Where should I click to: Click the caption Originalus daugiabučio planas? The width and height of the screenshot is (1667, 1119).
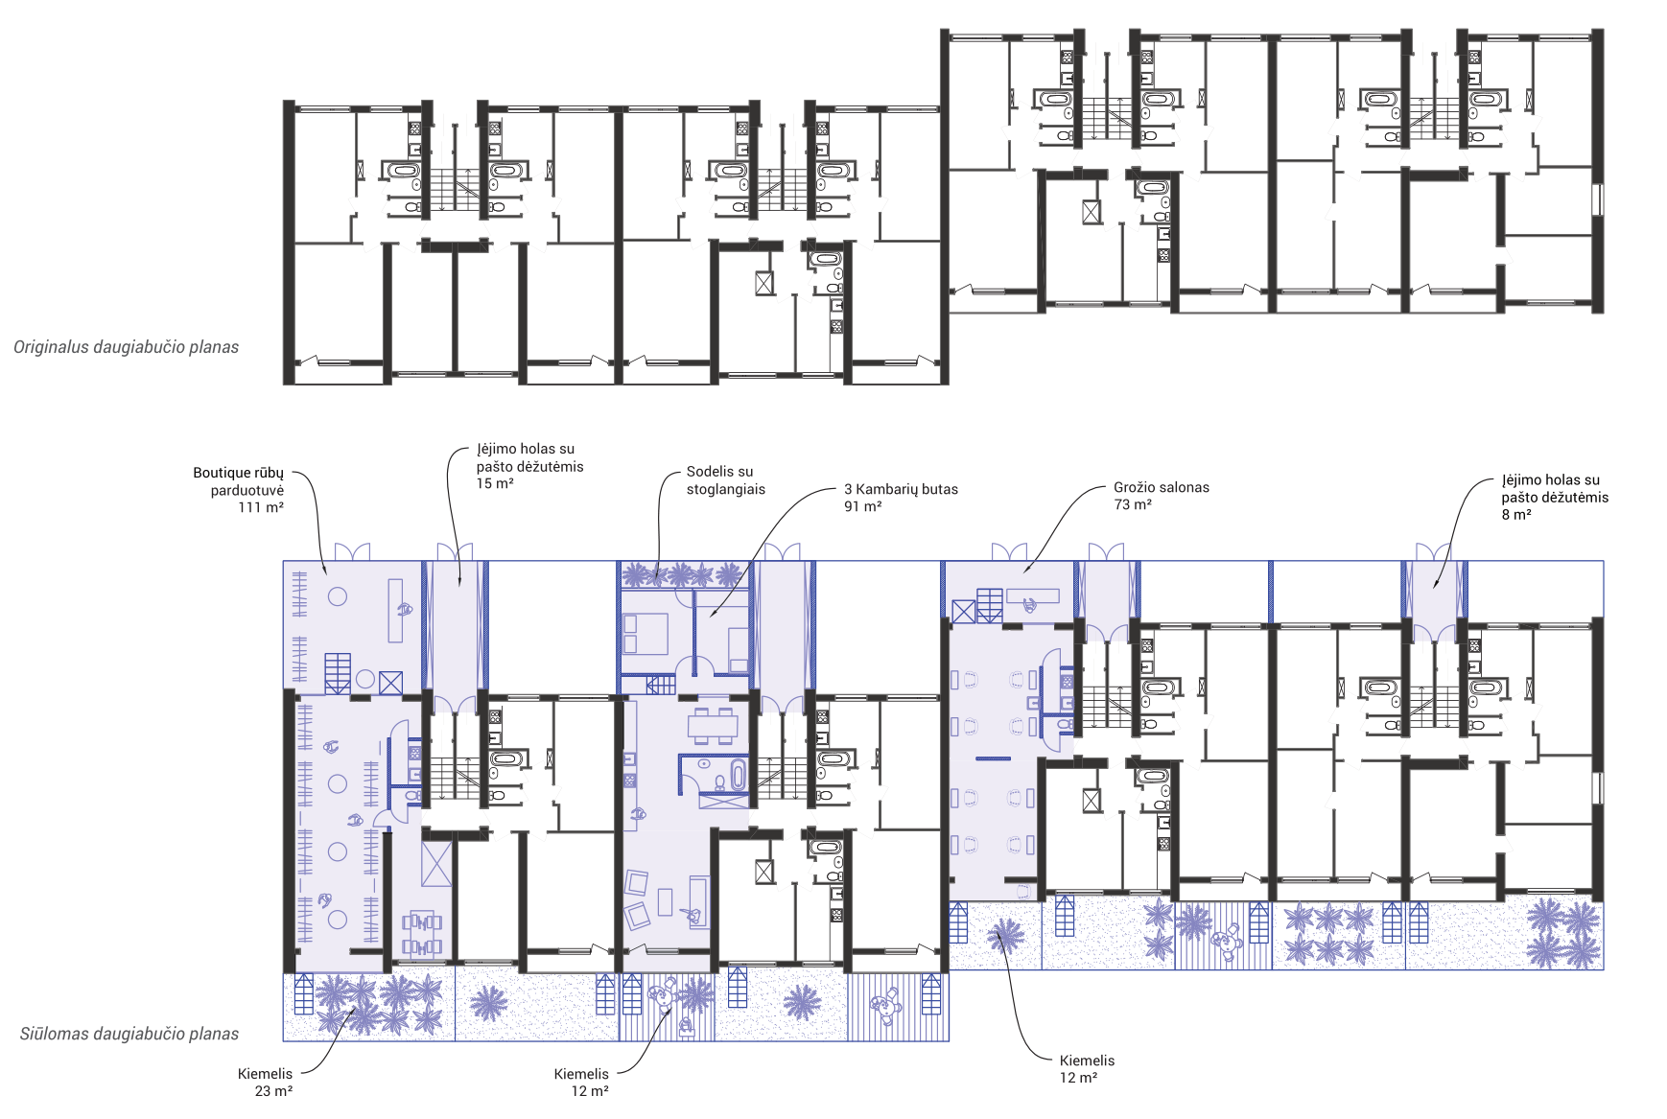point(126,347)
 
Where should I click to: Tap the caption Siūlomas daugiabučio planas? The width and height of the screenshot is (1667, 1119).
point(129,1034)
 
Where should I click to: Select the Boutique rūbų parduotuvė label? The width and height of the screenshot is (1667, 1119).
point(239,481)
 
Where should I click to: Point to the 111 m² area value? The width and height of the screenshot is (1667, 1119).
point(261,507)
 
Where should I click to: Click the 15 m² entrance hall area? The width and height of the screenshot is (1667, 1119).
point(495,483)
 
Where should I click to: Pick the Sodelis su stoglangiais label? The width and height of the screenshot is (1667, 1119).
point(726,480)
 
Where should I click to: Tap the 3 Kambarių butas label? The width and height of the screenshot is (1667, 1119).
point(901,489)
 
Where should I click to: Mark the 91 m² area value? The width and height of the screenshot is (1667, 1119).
point(862,506)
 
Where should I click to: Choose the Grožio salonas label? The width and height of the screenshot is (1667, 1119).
point(1162,487)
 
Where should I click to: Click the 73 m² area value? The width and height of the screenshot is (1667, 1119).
point(1133,504)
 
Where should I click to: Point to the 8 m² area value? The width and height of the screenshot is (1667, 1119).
point(1516,515)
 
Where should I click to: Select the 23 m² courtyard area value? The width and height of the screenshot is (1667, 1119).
point(273,1091)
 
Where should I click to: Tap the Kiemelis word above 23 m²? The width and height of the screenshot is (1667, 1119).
point(265,1074)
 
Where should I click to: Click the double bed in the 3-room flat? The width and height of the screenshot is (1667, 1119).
point(646,634)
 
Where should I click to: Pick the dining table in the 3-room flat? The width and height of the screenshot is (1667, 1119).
point(712,726)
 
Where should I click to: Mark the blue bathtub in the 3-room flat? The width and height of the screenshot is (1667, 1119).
point(738,776)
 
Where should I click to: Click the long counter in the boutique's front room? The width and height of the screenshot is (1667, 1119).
point(395,610)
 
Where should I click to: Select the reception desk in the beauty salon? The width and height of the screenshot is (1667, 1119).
point(1032,596)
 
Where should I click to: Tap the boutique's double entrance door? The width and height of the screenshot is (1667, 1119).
point(352,551)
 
